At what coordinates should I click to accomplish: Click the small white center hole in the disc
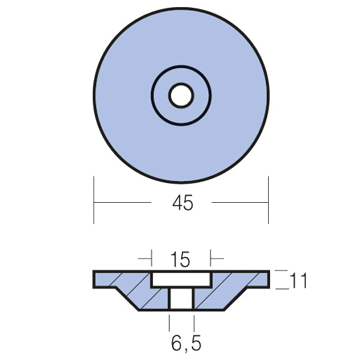(181, 95)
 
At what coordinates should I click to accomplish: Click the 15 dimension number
(180, 260)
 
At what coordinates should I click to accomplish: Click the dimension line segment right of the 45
(240, 203)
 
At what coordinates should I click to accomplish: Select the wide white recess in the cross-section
(181, 280)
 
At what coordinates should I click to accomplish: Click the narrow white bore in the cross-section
(181, 299)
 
